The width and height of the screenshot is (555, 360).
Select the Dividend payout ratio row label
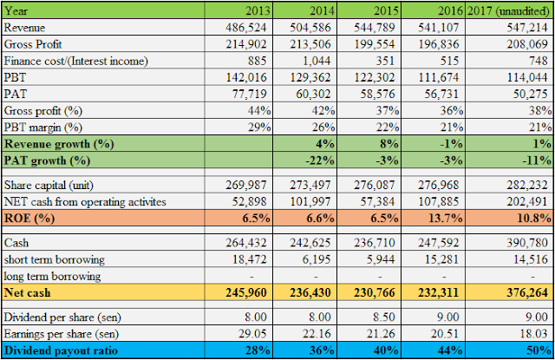[61, 350]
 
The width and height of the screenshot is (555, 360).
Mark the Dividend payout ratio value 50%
[534, 350]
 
